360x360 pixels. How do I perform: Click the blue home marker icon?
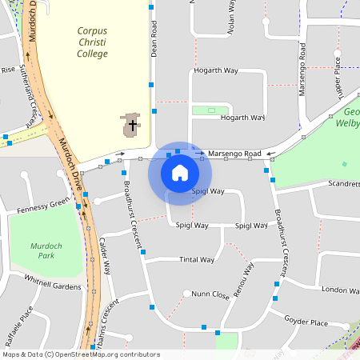click(x=179, y=173)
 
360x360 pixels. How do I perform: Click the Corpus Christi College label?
click(x=92, y=42)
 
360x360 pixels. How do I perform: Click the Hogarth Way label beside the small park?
click(x=242, y=118)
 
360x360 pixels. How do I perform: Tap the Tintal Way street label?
click(x=196, y=259)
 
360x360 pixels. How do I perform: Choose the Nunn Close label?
click(x=210, y=295)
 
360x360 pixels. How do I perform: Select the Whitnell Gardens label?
click(x=53, y=283)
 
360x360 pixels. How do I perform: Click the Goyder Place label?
click(x=306, y=323)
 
